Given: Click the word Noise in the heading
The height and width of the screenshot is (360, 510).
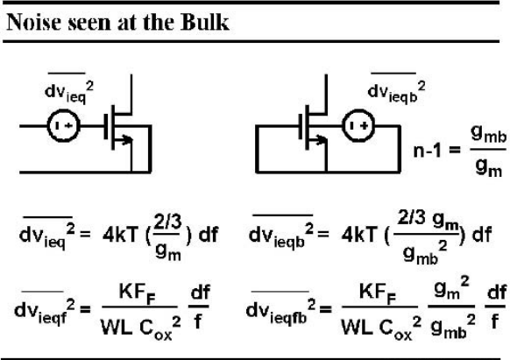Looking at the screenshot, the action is (34, 22).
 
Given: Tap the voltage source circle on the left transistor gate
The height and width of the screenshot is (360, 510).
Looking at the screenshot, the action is (63, 126).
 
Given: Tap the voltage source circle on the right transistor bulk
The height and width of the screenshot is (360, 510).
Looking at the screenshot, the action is (358, 125).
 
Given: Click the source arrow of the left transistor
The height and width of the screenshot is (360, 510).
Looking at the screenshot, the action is (124, 139).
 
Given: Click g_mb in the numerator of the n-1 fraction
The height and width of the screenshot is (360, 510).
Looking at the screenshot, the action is (489, 134).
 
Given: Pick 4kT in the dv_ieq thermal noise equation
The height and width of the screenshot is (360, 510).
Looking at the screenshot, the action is (120, 235).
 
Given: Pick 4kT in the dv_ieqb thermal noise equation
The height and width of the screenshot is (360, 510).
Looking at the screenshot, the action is (359, 234).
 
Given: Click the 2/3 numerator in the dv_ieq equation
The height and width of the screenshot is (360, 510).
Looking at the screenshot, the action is (168, 222).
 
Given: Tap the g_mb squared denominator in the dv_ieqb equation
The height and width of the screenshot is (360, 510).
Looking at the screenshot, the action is (425, 253).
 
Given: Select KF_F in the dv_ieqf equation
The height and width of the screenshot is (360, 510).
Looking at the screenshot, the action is (137, 293).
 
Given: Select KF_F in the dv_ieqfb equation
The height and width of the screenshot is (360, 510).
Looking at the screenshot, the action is (378, 293).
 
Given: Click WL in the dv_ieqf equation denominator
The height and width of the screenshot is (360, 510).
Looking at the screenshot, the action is (117, 328).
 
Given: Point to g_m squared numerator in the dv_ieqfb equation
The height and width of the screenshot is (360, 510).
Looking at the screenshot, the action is (452, 288).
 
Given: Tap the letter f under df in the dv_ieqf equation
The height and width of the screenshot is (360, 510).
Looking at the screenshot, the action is (198, 322).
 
